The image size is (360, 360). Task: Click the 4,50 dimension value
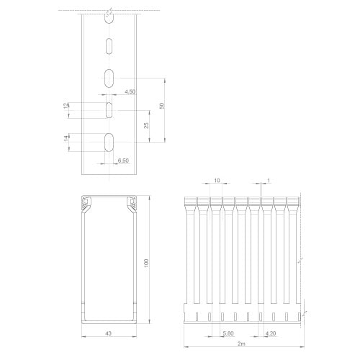(x=130, y=91)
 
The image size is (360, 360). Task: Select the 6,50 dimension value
(x=123, y=161)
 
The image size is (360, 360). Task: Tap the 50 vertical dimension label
(x=162, y=106)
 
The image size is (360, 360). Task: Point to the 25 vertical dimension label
(x=146, y=125)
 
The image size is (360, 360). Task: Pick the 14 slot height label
(x=66, y=138)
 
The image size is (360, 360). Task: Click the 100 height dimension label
(x=146, y=263)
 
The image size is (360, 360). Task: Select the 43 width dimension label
(x=109, y=333)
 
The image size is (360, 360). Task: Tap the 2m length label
(x=241, y=343)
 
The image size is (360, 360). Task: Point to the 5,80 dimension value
(x=228, y=333)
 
